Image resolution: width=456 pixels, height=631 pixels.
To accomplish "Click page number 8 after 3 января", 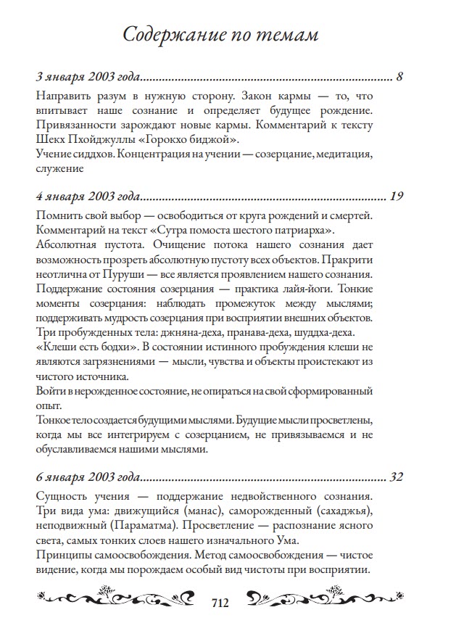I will (399, 75).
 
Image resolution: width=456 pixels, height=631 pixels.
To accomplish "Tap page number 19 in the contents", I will (396, 196).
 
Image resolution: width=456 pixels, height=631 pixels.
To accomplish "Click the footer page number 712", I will (220, 603).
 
